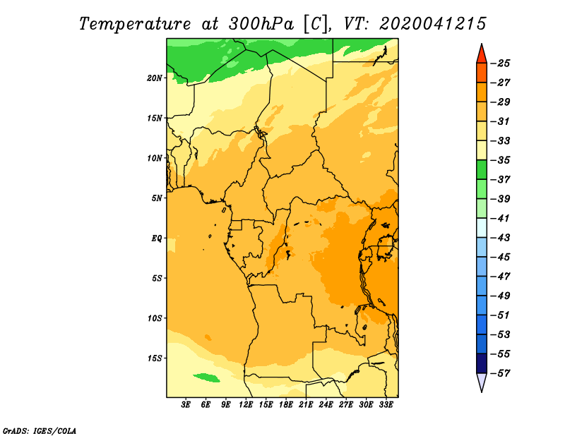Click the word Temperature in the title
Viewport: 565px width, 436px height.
tap(135, 24)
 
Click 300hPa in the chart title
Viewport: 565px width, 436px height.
tap(261, 24)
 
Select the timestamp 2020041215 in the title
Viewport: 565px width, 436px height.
tap(433, 24)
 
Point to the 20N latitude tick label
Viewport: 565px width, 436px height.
tap(155, 78)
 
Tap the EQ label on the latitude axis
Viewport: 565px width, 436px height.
tap(156, 238)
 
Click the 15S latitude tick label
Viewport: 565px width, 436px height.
tap(155, 358)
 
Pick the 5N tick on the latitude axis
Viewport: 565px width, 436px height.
tap(157, 198)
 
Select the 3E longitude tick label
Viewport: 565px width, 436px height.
tap(186, 405)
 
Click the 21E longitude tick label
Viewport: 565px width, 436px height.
tap(306, 405)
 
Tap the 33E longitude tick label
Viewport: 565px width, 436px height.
tap(386, 405)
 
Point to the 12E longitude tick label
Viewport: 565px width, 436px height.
tap(246, 405)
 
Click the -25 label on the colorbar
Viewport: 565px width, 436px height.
tap(501, 63)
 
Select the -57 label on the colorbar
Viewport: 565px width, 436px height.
tap(501, 373)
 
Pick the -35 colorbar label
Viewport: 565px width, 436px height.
tap(501, 160)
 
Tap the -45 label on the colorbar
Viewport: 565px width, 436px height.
tap(501, 257)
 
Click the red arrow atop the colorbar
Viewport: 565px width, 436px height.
tap(482, 55)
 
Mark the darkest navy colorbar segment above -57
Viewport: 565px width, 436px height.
tap(482, 363)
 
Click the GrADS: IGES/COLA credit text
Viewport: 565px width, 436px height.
tap(40, 431)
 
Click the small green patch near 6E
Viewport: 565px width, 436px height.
tap(206, 377)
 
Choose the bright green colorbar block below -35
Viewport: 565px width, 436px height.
tap(482, 169)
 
